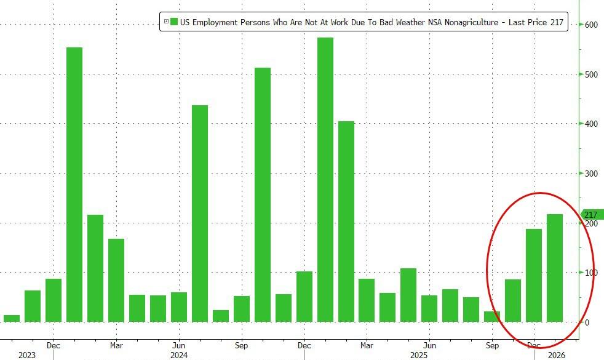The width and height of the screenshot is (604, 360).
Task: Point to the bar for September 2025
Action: point(492,316)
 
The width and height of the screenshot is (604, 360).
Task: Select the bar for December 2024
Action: point(304,296)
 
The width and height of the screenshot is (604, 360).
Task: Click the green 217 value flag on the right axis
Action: point(592,215)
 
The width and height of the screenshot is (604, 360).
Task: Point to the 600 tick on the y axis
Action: point(591,25)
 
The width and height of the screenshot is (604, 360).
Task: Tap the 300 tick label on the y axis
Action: point(591,174)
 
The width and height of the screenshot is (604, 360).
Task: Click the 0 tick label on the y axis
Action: point(587,322)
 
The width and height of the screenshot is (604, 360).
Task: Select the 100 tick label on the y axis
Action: point(591,273)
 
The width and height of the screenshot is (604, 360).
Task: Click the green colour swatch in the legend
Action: point(174,23)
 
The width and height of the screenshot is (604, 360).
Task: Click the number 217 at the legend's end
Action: point(557,23)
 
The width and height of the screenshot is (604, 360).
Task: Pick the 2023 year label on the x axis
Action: point(27,355)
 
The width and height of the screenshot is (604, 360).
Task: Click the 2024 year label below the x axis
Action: point(179,355)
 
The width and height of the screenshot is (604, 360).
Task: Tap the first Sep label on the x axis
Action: point(242,345)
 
